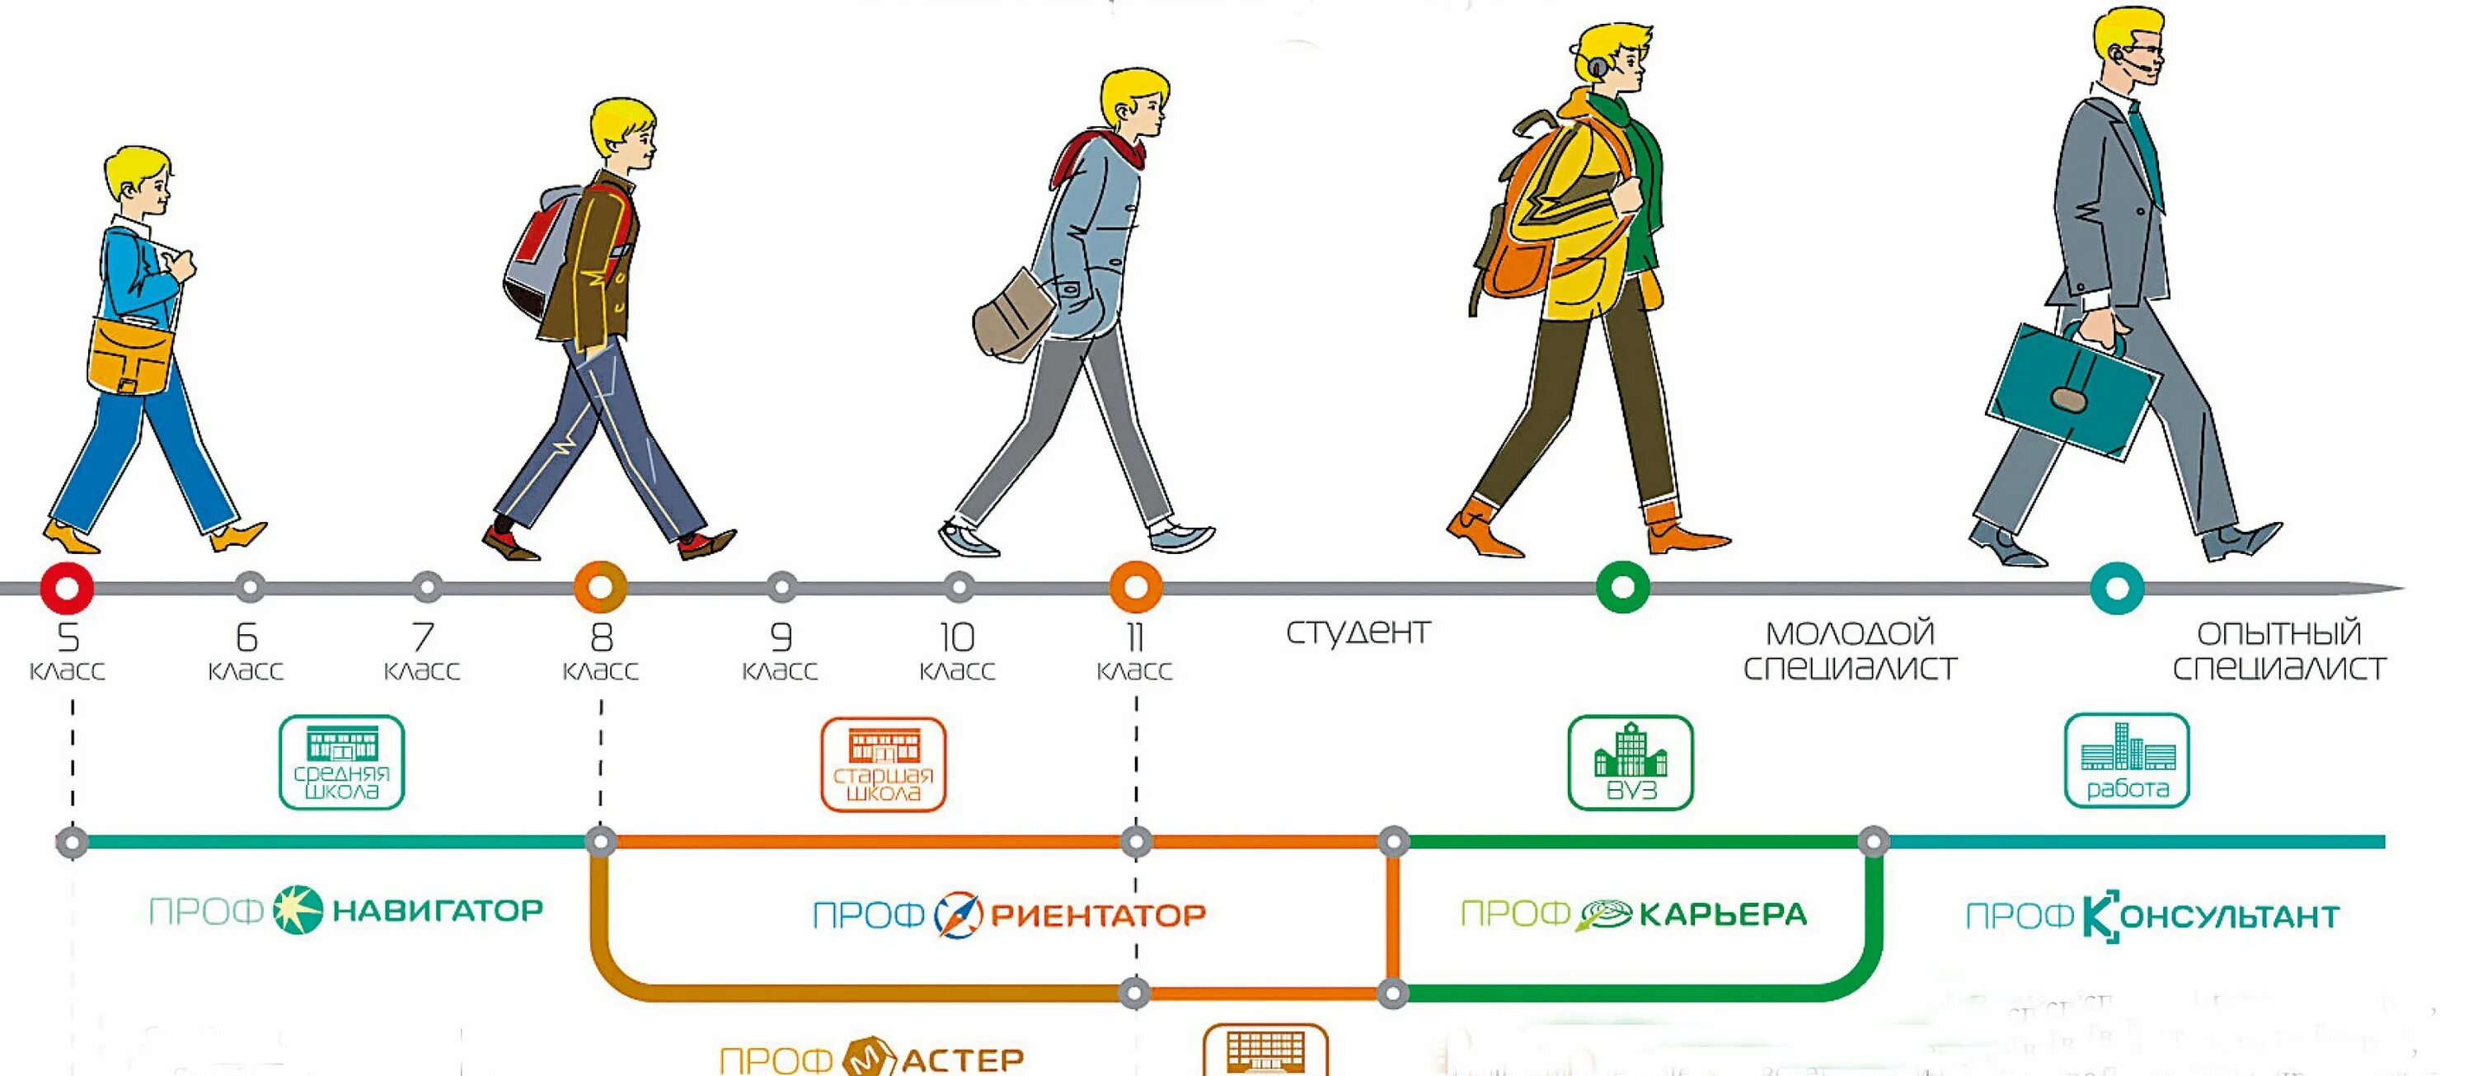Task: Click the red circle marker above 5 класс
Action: pyautogui.click(x=68, y=586)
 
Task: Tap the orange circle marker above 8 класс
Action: pyautogui.click(x=600, y=586)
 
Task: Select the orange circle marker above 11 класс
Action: pyautogui.click(x=1136, y=586)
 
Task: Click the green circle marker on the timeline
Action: pyautogui.click(x=1622, y=586)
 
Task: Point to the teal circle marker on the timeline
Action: pyautogui.click(x=2117, y=587)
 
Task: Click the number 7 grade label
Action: pyautogui.click(x=422, y=637)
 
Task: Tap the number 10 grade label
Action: pyautogui.click(x=957, y=637)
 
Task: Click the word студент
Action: pyautogui.click(x=1358, y=632)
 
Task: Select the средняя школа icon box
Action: pyautogui.click(x=342, y=762)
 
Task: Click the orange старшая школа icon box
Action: pyautogui.click(x=883, y=764)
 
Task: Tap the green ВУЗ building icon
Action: pyautogui.click(x=1630, y=750)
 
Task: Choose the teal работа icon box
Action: pyautogui.click(x=2127, y=760)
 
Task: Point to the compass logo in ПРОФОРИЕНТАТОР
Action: pyautogui.click(x=958, y=914)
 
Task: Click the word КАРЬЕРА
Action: pyautogui.click(x=1722, y=914)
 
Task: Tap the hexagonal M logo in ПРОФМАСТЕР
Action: pyautogui.click(x=870, y=1057)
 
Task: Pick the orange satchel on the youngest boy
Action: pyautogui.click(x=130, y=356)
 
